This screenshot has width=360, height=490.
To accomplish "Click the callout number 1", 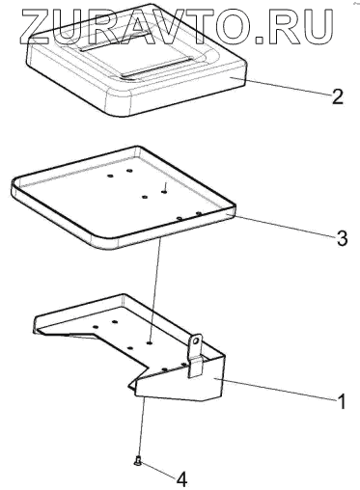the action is click(x=341, y=401).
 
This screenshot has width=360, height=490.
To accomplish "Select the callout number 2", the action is click(x=337, y=96).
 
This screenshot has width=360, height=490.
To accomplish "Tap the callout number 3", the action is click(x=341, y=238).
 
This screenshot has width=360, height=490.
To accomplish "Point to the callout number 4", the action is click(x=181, y=480).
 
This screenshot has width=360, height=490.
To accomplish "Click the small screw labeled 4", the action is click(x=138, y=462).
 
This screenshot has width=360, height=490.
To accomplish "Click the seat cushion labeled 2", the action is click(x=138, y=60).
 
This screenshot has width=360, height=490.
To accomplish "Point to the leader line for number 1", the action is click(x=276, y=390).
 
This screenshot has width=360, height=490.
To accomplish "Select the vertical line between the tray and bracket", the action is click(x=155, y=290).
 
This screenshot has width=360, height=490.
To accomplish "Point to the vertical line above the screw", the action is click(x=143, y=428).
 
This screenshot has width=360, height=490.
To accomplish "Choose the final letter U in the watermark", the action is click(x=318, y=27).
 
